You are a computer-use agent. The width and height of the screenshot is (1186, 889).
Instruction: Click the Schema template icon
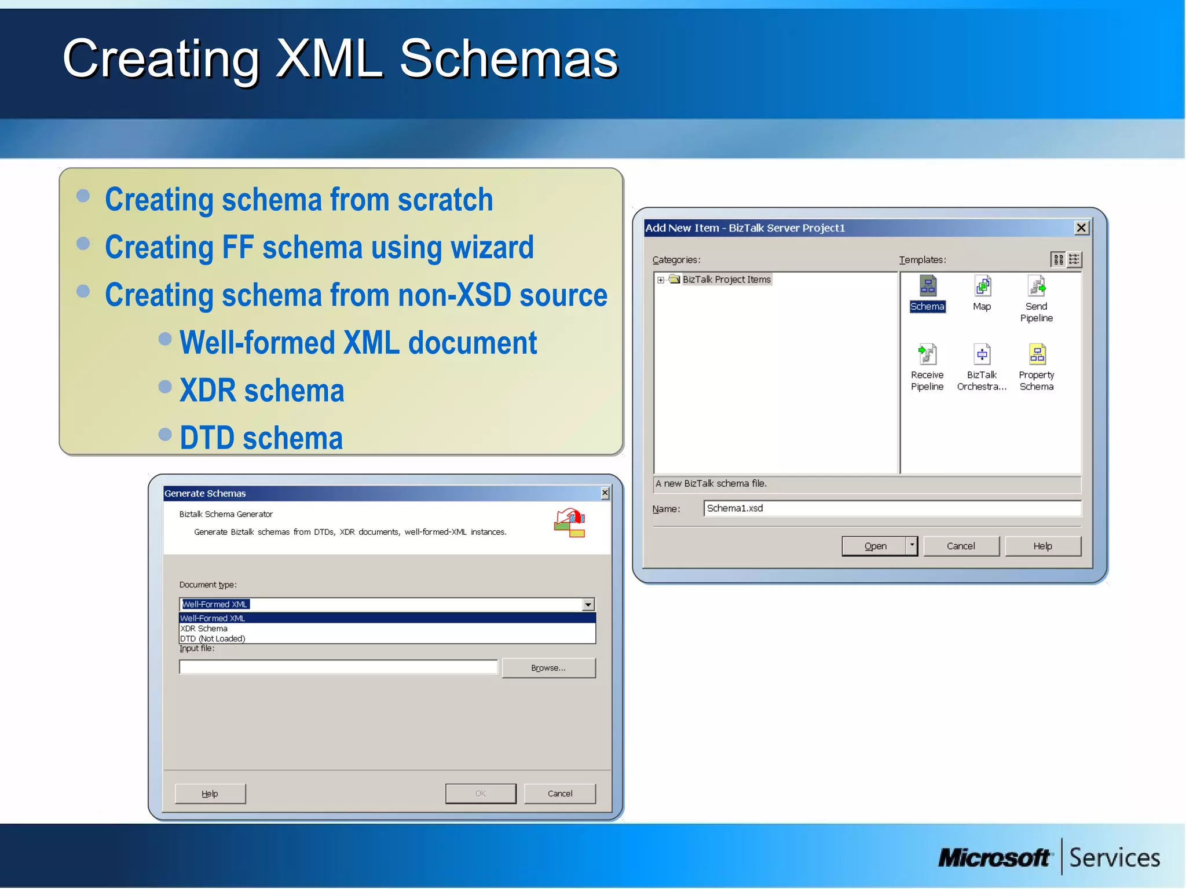[928, 286]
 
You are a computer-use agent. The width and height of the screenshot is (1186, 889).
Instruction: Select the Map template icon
[982, 286]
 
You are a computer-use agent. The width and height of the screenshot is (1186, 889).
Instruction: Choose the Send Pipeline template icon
[1037, 286]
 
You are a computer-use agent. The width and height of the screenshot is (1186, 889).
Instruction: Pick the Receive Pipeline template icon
[927, 354]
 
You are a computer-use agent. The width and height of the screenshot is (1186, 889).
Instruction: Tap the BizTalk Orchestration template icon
[982, 354]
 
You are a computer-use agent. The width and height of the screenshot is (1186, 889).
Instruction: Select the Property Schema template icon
[1037, 354]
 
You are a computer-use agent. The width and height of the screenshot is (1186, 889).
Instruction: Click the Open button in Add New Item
[874, 546]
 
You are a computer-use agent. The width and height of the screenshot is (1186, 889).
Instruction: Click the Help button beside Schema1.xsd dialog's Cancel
[1042, 546]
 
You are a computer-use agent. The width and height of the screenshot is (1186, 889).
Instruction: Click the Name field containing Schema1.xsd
[892, 508]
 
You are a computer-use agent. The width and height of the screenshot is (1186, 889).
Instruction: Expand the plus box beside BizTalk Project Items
[661, 280]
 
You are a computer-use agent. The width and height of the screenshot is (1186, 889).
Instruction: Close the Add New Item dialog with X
[1081, 228]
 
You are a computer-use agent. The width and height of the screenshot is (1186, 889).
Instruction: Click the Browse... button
[548, 668]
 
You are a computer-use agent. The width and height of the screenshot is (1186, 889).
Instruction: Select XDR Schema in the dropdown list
[204, 629]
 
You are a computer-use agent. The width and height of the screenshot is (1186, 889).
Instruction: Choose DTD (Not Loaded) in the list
[213, 638]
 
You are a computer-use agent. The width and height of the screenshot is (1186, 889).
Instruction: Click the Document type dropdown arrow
[588, 604]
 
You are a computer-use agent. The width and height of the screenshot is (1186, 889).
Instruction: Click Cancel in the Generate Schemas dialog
[559, 794]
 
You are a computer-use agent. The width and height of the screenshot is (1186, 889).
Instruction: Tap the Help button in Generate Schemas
[210, 794]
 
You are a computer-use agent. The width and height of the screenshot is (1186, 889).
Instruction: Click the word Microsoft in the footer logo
[994, 858]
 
